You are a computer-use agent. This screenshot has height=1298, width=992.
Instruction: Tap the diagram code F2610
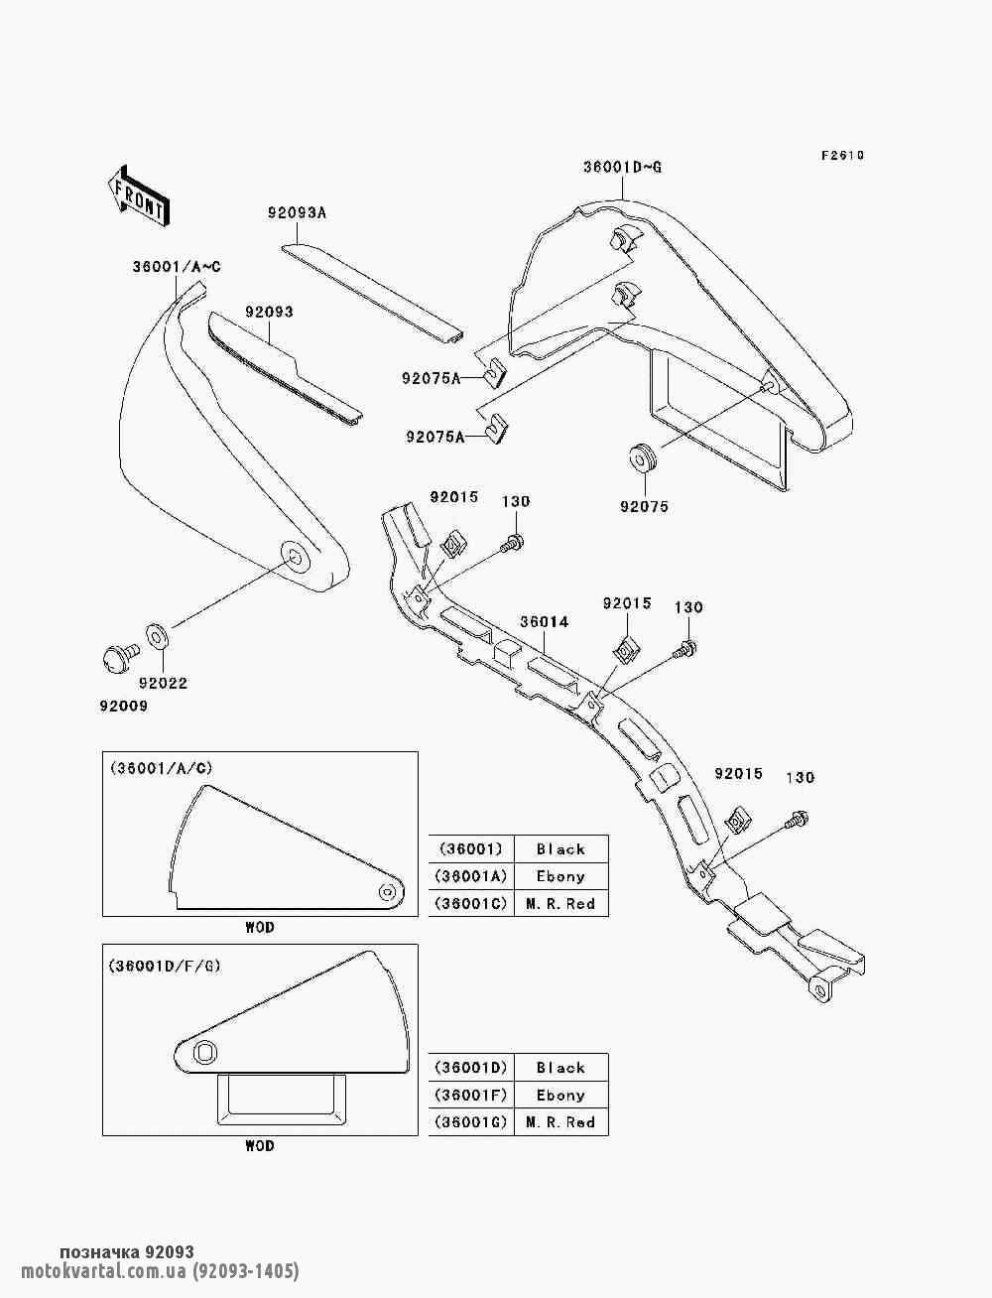point(842,156)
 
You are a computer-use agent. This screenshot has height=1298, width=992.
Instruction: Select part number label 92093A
point(297,213)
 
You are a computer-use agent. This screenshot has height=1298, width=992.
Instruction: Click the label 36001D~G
point(623,168)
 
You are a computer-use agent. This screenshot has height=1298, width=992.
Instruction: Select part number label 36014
point(544,621)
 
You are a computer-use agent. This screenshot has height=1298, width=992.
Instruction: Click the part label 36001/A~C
point(177,267)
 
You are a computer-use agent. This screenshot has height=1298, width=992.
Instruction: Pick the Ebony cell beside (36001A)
point(560,876)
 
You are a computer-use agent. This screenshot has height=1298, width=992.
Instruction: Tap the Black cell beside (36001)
point(560,849)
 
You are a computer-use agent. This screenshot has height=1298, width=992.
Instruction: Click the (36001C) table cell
point(471,904)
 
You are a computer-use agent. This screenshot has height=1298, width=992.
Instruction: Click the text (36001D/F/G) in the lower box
point(165,966)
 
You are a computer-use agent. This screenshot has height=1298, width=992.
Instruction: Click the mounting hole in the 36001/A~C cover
point(294,554)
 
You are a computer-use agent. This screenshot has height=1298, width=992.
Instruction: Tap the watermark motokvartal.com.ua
point(104,1271)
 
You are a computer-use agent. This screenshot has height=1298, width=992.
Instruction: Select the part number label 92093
point(269,312)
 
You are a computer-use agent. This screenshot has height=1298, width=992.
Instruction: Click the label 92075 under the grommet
point(644,507)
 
